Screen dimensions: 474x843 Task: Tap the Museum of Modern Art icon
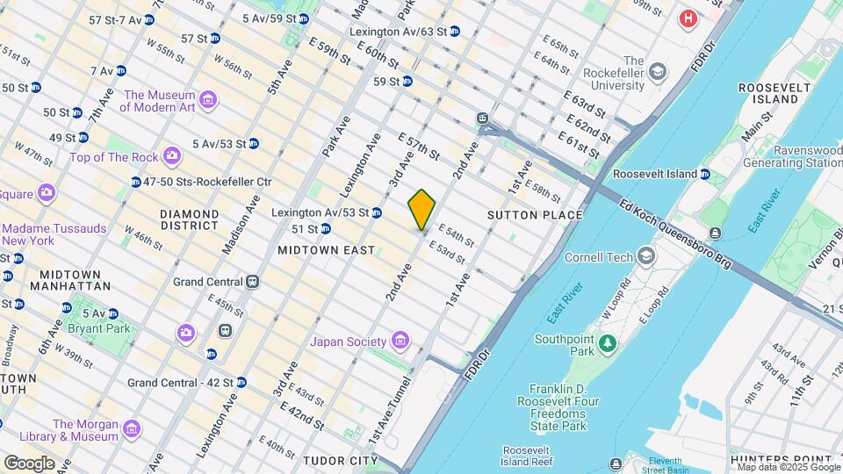tap(207, 100)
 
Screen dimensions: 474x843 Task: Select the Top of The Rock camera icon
tap(171, 157)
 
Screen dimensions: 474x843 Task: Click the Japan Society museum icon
tap(400, 341)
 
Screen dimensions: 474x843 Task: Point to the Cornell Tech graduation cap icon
tap(646, 257)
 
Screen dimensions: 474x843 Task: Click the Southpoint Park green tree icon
tap(606, 343)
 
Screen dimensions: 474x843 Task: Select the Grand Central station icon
tap(252, 282)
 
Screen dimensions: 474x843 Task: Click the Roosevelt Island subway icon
tap(705, 174)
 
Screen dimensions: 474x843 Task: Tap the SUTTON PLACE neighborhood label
tap(535, 215)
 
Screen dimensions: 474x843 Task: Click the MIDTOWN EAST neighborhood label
tap(326, 250)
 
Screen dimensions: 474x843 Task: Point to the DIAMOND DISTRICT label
tap(189, 219)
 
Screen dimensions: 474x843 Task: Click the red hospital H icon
tap(688, 18)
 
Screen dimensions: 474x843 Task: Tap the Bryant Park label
tap(104, 329)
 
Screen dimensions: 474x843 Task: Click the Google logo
tap(29, 463)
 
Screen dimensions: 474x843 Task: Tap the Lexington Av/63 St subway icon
tap(454, 32)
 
